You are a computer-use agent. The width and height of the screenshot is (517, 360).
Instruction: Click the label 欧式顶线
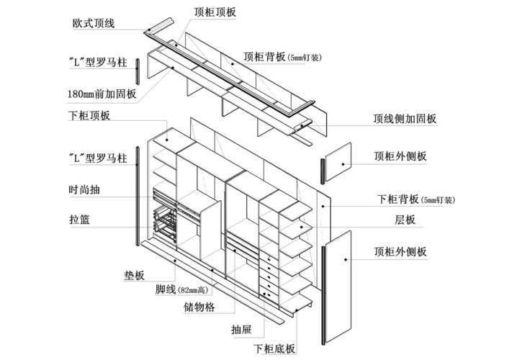pyautogui.click(x=94, y=23)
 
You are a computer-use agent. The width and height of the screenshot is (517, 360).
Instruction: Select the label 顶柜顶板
pyautogui.click(x=215, y=12)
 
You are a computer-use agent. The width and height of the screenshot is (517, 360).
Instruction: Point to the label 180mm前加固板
pyautogui.click(x=101, y=94)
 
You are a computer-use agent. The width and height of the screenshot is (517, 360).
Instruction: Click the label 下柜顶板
pyautogui.click(x=89, y=115)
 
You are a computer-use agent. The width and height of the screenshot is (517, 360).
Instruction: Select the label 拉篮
pyautogui.click(x=79, y=220)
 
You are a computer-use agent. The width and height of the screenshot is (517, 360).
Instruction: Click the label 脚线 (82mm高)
pyautogui.click(x=181, y=289)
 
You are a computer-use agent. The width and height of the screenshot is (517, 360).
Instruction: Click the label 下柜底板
pyautogui.click(x=274, y=349)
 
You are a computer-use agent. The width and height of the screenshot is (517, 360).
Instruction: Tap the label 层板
pyautogui.click(x=404, y=220)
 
